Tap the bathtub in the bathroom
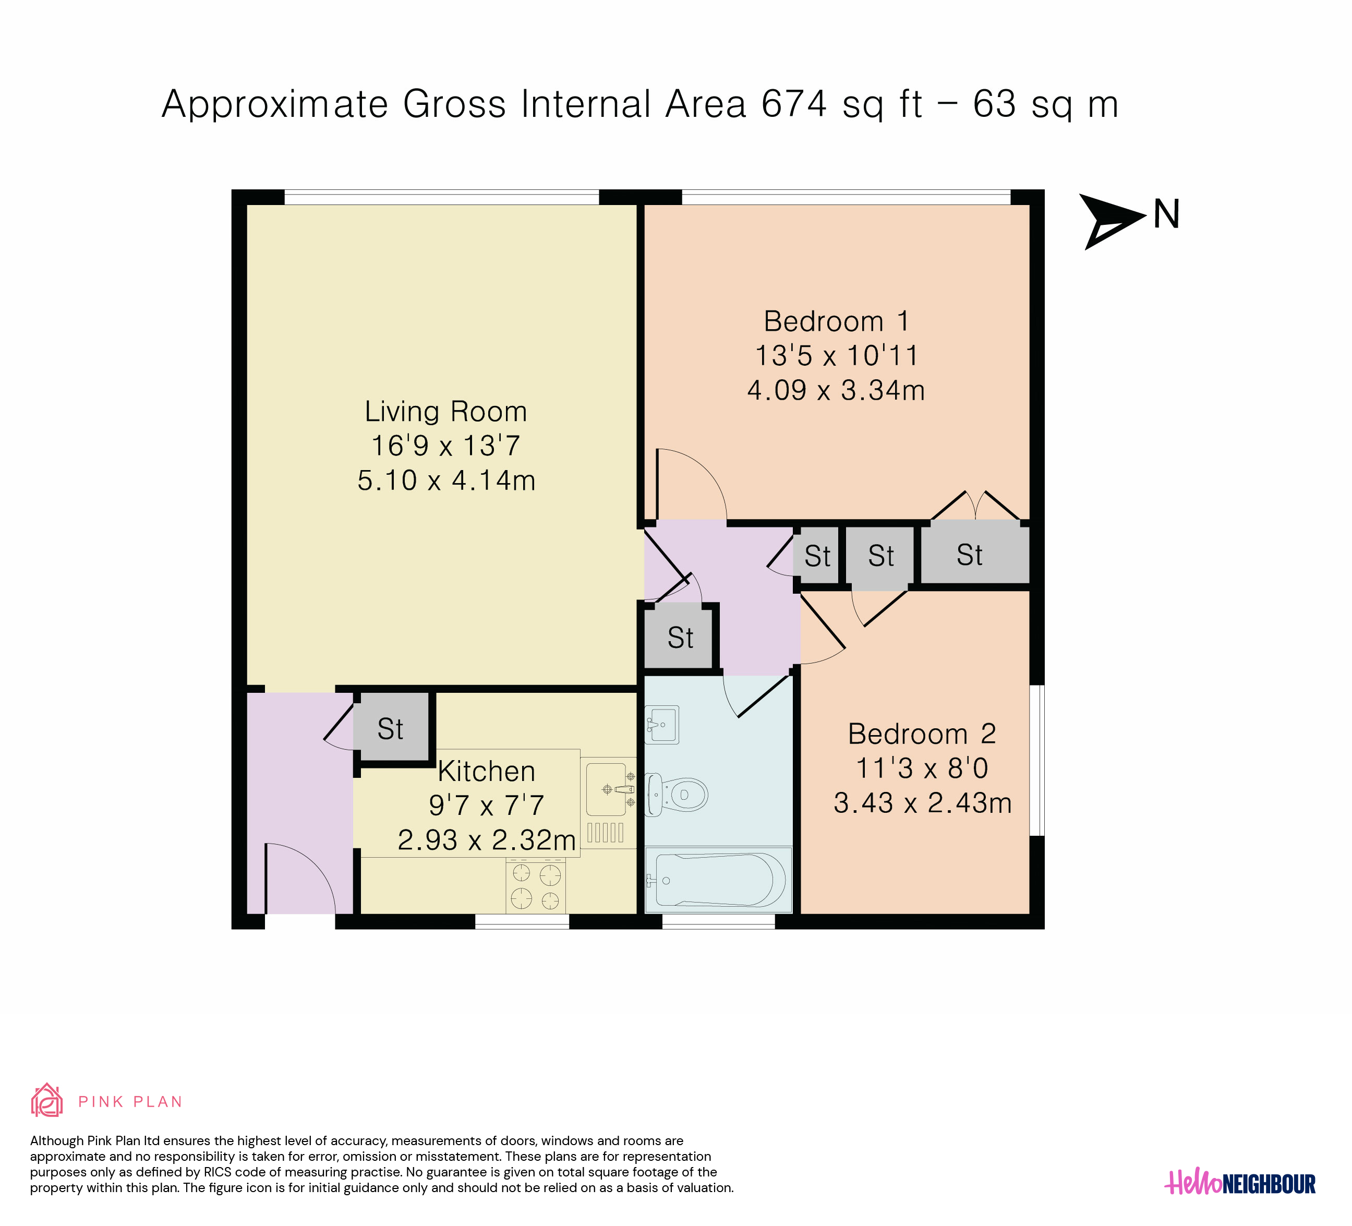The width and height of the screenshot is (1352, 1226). tap(718, 879)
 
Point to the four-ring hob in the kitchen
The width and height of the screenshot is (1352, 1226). tap(536, 886)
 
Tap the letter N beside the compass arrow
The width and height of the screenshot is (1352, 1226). tap(1166, 214)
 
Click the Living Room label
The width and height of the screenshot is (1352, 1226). tap(446, 411)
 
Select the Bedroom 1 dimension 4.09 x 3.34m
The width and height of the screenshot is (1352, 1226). tap(836, 390)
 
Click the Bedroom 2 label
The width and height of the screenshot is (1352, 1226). tap(922, 734)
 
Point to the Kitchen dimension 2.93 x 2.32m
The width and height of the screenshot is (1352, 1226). tap(487, 840)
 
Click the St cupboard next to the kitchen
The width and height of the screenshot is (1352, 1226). tap(391, 728)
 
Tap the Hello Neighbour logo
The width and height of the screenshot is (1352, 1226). tap(1240, 1183)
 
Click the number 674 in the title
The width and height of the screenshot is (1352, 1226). tap(794, 105)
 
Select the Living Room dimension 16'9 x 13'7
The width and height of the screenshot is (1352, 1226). tap(446, 446)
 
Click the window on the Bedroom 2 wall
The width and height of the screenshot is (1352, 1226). tap(1037, 761)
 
